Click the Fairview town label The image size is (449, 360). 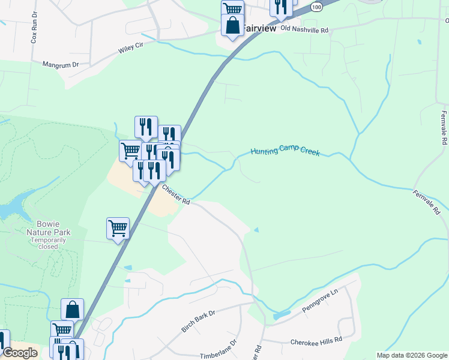point(259,28)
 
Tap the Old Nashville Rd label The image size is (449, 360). point(305,29)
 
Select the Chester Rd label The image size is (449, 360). point(176,194)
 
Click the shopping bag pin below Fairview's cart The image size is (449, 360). point(232,26)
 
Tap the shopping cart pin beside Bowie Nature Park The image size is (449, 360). point(118,228)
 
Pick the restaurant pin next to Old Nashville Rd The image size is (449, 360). point(281,7)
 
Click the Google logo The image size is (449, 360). point(20,353)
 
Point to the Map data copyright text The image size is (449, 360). point(412,355)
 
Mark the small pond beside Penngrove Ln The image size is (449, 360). point(280,315)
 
